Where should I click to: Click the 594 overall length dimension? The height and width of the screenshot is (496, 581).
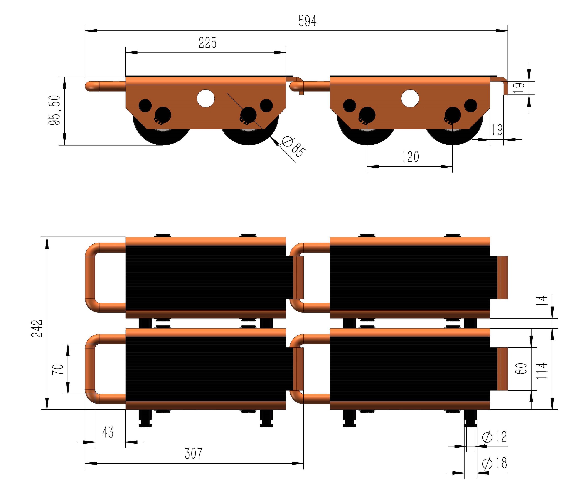tap(307, 21)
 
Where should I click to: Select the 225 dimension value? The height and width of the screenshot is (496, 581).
tap(207, 43)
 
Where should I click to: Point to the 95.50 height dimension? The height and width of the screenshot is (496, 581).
tap(54, 110)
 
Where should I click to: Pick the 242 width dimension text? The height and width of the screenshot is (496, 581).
tap(37, 328)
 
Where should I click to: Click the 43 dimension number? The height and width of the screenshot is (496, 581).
tap(108, 432)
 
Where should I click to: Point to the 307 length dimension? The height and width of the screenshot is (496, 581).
tap(194, 454)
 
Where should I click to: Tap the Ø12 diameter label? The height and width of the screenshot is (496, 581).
tap(494, 436)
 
